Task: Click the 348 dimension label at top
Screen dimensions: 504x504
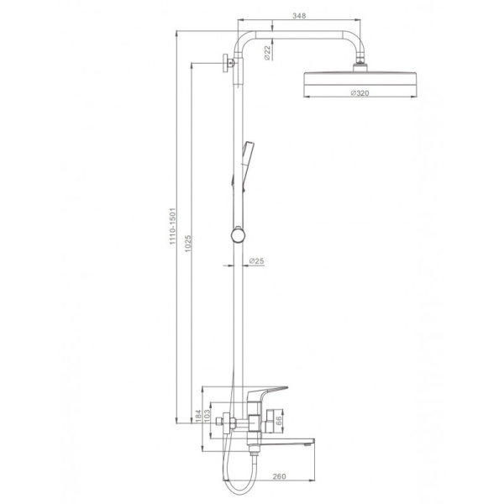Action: click(x=299, y=15)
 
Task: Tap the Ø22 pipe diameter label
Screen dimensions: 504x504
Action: click(x=267, y=53)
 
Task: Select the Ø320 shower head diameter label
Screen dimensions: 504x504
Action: click(x=360, y=93)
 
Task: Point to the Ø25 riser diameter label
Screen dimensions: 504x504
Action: click(x=256, y=260)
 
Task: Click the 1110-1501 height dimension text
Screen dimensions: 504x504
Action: click(x=173, y=226)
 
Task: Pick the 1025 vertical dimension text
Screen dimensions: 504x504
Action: click(x=188, y=244)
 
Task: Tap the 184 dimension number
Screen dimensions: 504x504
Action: click(x=198, y=416)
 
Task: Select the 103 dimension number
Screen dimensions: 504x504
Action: click(x=207, y=415)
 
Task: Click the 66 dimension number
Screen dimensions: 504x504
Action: click(x=278, y=421)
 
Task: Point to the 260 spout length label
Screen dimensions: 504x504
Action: click(x=279, y=476)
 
